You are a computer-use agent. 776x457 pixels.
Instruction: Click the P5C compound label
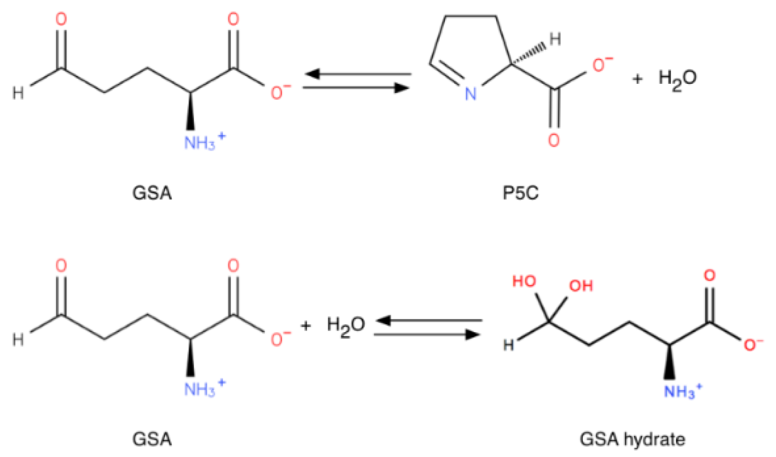tap(520, 193)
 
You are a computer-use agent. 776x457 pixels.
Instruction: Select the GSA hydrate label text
tap(632, 439)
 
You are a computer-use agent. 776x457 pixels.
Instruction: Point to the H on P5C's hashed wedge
tap(555, 39)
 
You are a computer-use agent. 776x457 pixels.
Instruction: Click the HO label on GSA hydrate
tap(524, 281)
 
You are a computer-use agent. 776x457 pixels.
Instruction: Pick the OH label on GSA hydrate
tap(581, 286)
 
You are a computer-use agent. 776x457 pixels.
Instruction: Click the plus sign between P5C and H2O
tap(637, 79)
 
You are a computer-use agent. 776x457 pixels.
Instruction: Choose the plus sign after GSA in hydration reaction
tap(305, 326)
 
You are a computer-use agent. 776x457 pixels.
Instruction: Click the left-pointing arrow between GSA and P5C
tap(357, 74)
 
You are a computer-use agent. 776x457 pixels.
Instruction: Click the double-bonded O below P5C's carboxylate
tap(554, 140)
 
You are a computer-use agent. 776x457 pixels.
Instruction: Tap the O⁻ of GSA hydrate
tap(751, 344)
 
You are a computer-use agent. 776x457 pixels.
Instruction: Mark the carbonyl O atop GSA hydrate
tap(709, 276)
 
